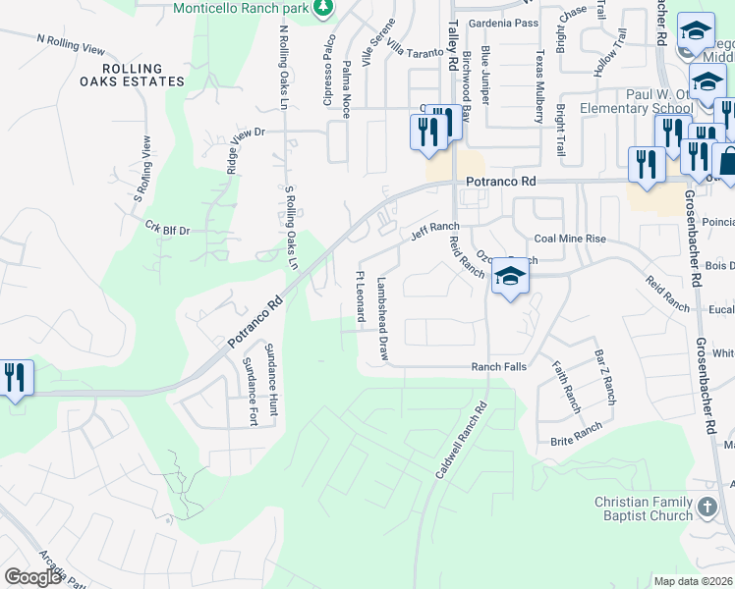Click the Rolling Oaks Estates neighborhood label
coord(121,74)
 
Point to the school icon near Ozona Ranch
coord(510,279)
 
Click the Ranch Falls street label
coord(499,366)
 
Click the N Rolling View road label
coord(70,43)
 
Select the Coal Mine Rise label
coord(570,239)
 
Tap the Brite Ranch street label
coord(575,431)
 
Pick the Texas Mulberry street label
coord(539,88)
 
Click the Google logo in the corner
coord(32,577)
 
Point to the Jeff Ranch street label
coord(434,233)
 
